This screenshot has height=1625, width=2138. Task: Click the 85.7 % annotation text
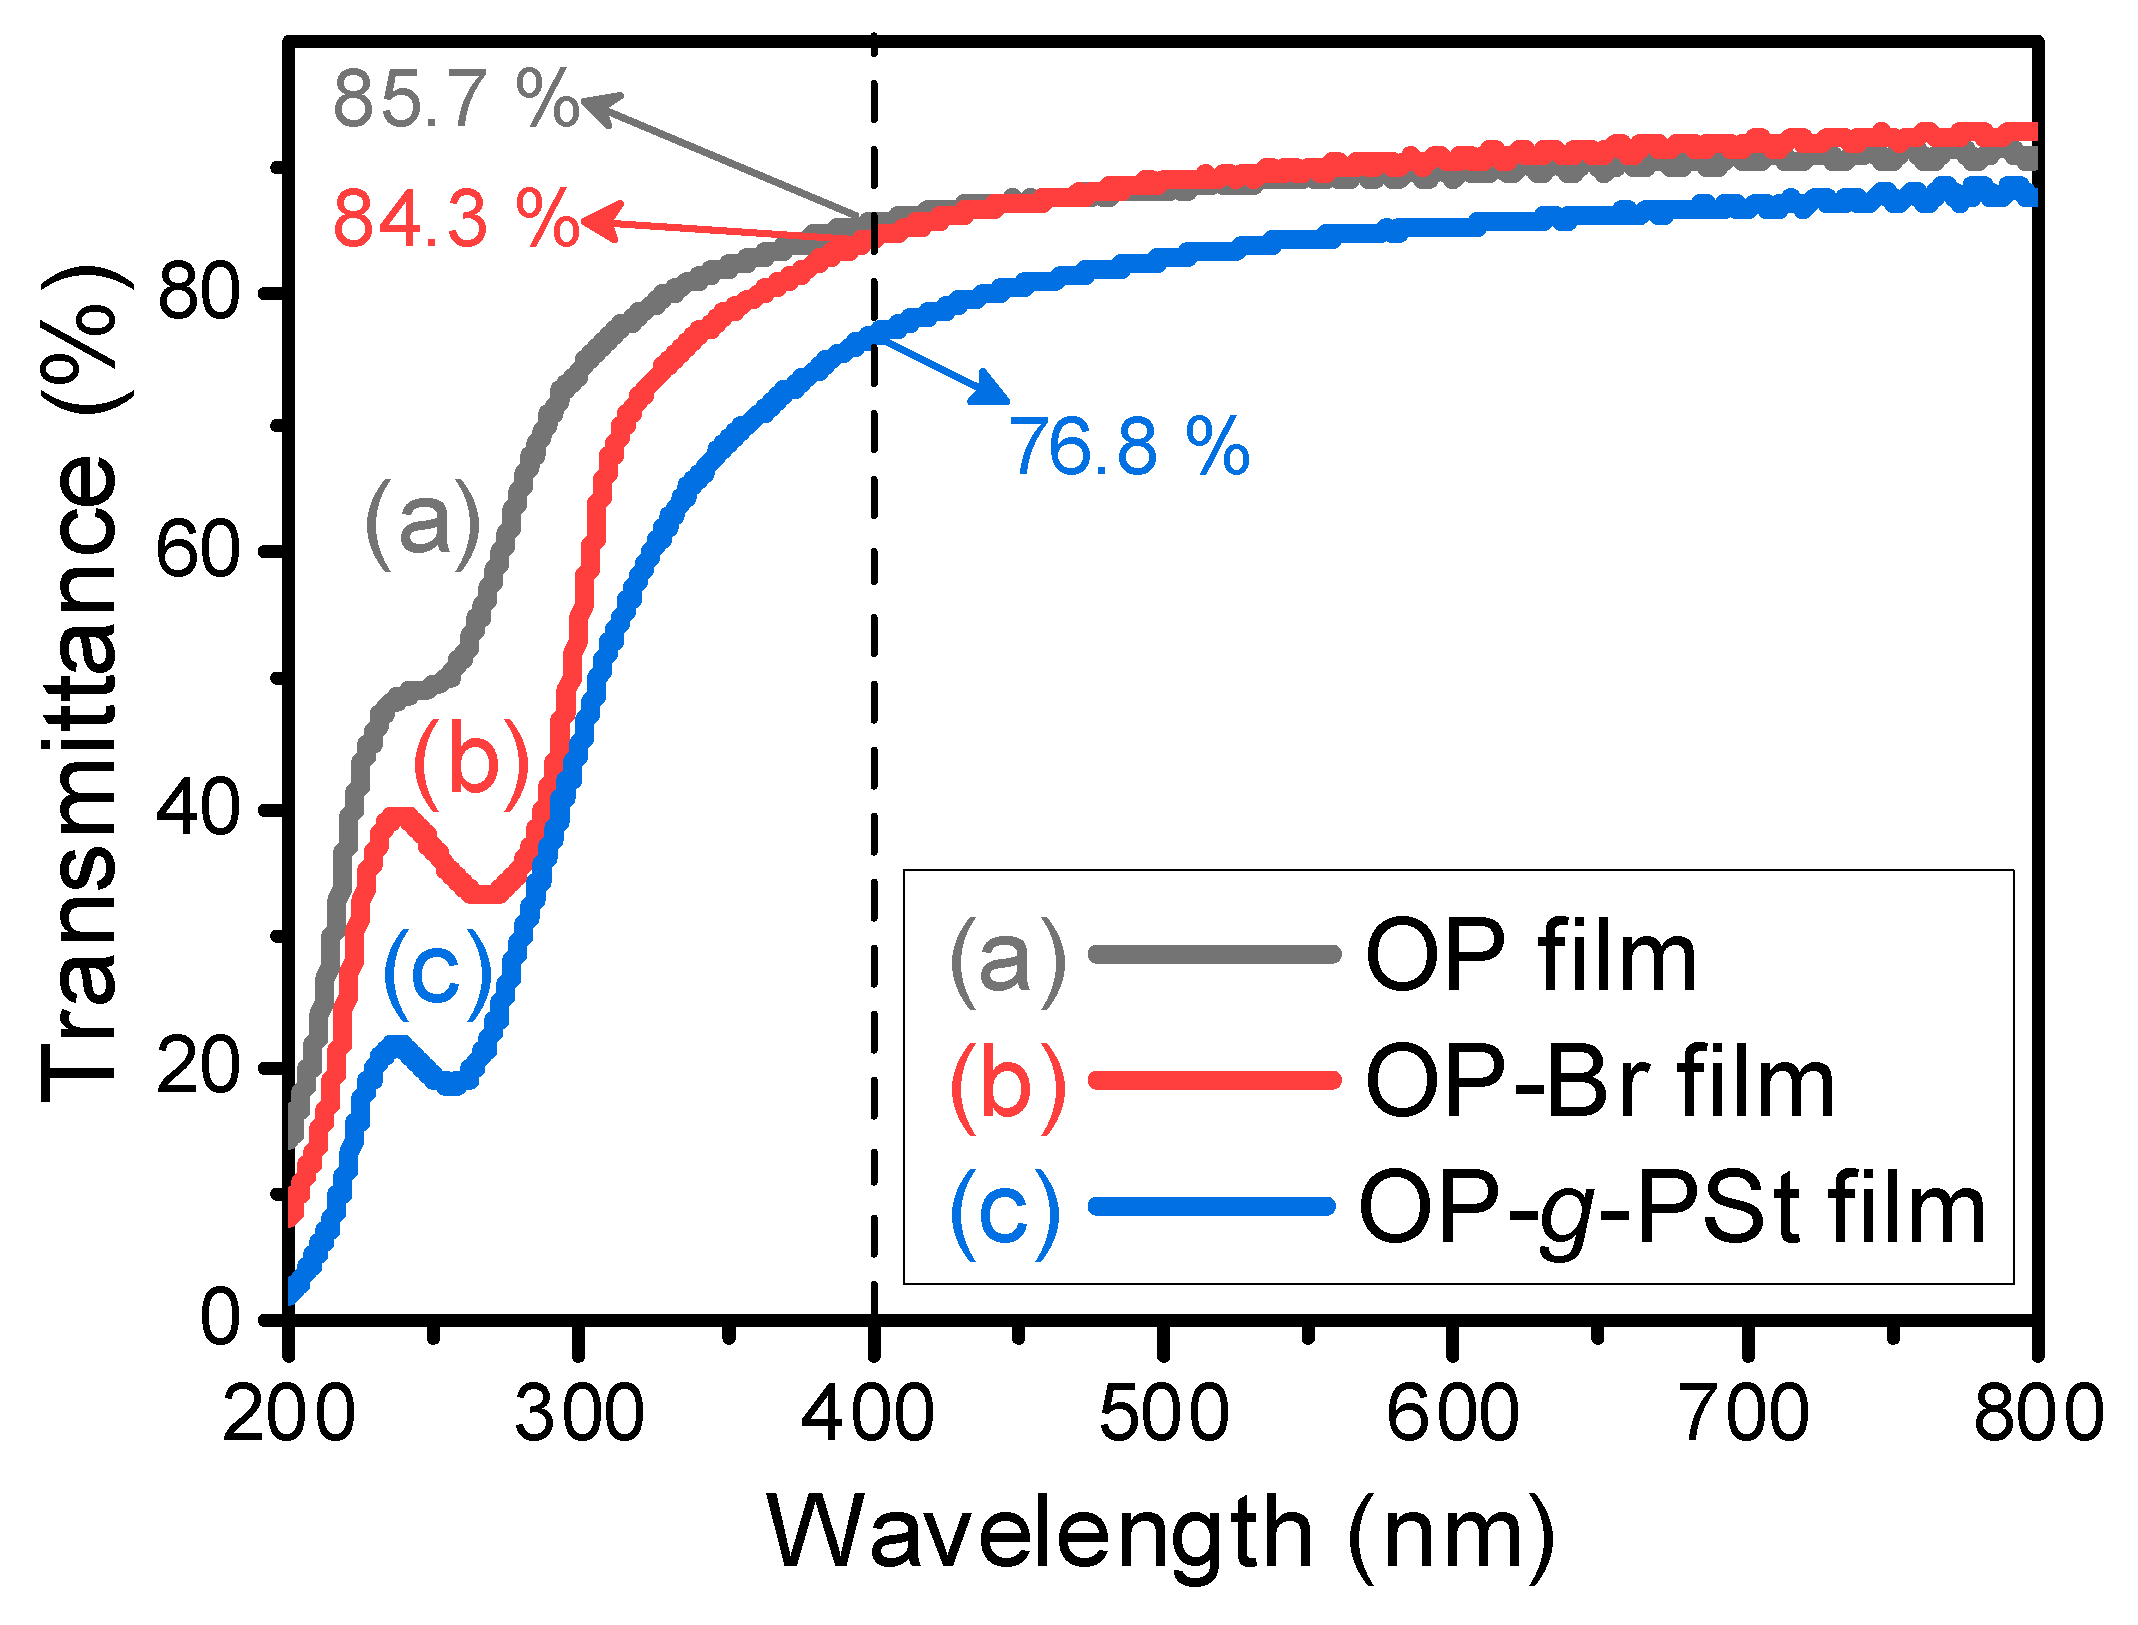tap(455, 99)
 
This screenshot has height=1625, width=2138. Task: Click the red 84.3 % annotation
tap(455, 218)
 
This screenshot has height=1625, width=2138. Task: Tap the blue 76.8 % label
tap(1129, 446)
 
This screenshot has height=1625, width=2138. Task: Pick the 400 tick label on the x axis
tap(868, 1413)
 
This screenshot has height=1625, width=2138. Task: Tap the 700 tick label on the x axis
tap(1746, 1413)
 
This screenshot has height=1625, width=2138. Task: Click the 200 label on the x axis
tap(289, 1413)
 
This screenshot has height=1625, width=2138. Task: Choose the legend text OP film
tap(1530, 957)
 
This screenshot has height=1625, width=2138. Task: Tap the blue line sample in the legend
tap(1212, 1207)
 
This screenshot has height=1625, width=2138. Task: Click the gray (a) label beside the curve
tap(423, 524)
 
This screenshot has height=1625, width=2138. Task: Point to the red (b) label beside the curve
tap(471, 763)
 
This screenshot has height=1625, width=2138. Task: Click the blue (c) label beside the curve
tap(438, 973)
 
